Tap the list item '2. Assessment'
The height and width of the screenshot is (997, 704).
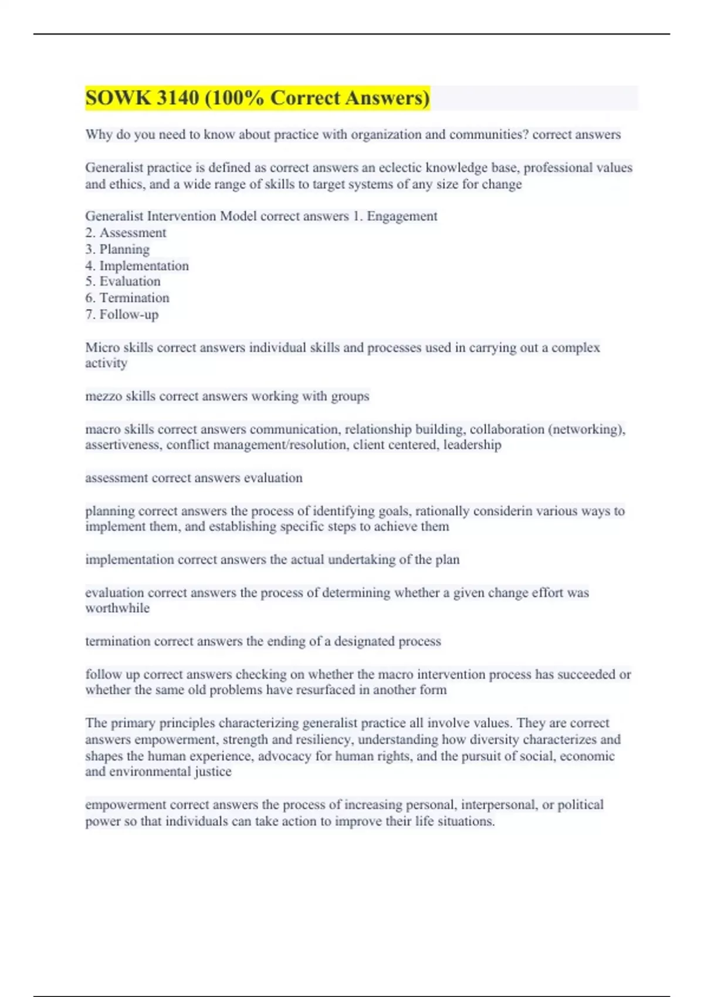coord(126,233)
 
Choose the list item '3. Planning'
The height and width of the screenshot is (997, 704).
coord(117,249)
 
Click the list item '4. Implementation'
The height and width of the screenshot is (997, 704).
coord(137,266)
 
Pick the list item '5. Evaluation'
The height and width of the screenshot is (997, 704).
coord(123,282)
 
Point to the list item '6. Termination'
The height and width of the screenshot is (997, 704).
coord(127,298)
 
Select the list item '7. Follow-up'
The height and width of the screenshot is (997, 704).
coord(122,314)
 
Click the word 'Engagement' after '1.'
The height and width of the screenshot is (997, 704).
coord(402,216)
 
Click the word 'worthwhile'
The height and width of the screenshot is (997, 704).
coord(117,608)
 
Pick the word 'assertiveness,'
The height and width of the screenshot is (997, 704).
coord(123,445)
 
